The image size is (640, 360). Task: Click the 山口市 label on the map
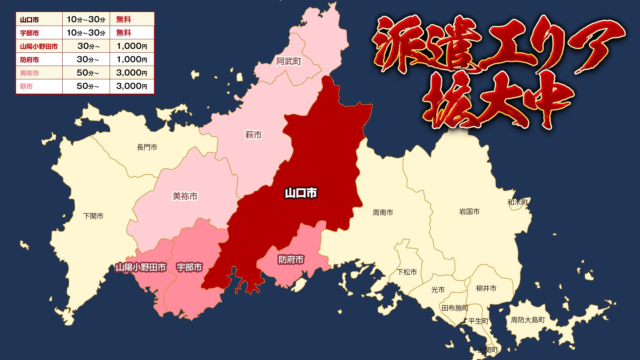tap(301, 193)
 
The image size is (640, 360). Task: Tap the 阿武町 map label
tap(289, 61)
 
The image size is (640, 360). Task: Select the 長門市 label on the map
tap(147, 147)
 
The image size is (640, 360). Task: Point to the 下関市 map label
tap(93, 216)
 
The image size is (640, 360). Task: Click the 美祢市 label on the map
tap(185, 196)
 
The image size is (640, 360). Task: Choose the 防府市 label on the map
tap(291, 260)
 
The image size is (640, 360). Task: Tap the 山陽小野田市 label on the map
tap(141, 267)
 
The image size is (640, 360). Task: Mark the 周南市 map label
tap(383, 212)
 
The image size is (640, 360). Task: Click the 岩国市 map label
tap(469, 212)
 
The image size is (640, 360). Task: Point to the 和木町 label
tap(518, 202)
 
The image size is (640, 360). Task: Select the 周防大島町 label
tap(528, 320)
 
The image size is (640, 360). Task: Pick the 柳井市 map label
tap(486, 288)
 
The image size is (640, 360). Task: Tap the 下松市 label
tap(407, 272)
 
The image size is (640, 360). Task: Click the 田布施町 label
tap(455, 308)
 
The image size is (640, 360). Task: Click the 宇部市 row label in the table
tap(29, 33)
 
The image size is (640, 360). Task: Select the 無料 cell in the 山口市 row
tap(124, 20)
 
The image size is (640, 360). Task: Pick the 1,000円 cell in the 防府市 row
tap(132, 60)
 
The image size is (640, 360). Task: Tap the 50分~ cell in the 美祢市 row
tap(88, 73)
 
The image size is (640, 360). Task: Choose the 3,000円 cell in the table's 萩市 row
tap(132, 86)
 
